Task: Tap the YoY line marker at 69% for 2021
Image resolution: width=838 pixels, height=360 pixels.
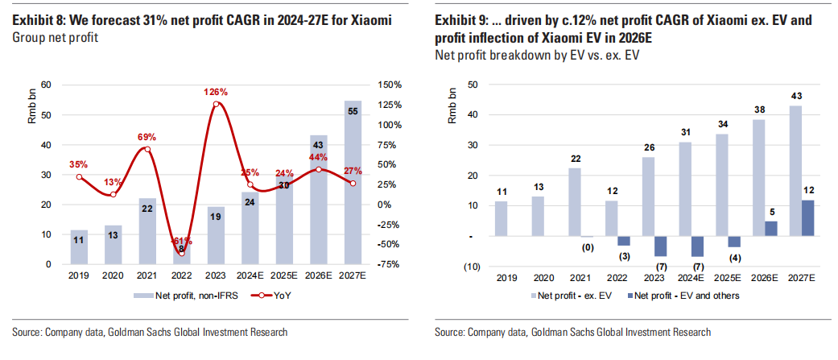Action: coord(147,148)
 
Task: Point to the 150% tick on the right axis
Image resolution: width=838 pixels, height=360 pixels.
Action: coord(390,85)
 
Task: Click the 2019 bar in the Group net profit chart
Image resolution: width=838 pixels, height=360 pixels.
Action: coord(79,246)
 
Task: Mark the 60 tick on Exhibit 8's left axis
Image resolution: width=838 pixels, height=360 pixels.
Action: coord(46,85)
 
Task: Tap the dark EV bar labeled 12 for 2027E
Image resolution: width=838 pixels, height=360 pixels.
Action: coord(807,218)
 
